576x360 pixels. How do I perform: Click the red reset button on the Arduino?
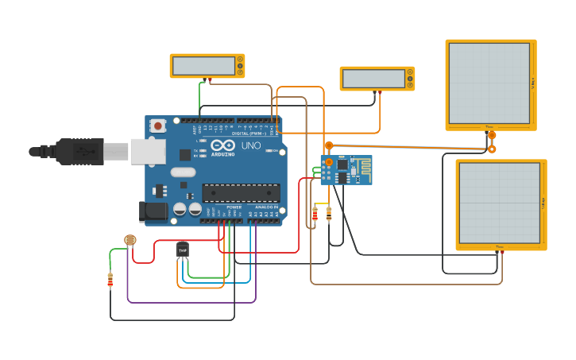pos(158,126)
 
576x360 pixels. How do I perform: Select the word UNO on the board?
pos(250,146)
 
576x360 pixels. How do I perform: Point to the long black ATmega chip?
pos(241,192)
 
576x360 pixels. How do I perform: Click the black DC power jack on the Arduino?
pos(153,211)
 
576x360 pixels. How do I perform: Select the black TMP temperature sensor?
pos(183,250)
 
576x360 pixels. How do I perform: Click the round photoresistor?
pos(130,240)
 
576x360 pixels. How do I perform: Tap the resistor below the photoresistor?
pos(110,280)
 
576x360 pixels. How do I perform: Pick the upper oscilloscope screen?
pos(489,83)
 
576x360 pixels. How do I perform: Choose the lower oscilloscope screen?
pos(499,203)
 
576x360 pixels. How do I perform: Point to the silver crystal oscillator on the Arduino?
pos(183,172)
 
